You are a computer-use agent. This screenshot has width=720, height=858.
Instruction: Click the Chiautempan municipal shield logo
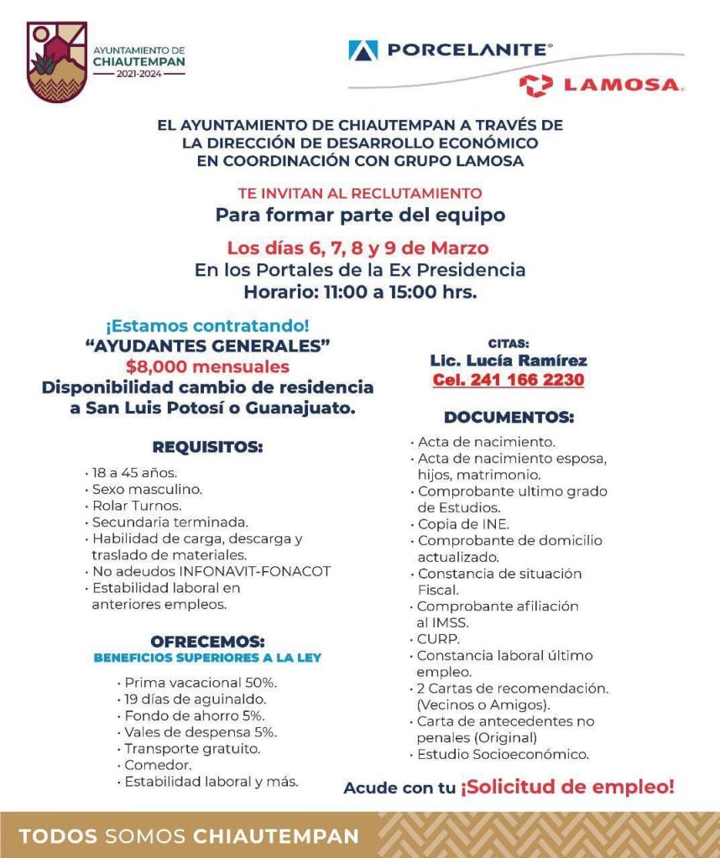coord(57,61)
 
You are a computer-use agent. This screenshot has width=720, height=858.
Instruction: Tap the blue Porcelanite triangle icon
coord(363,50)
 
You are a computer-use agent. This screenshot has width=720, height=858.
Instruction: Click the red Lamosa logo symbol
coord(535,85)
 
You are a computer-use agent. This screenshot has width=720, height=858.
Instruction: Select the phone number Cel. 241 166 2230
coord(509,380)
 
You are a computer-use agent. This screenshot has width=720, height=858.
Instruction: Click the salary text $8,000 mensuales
coord(207,367)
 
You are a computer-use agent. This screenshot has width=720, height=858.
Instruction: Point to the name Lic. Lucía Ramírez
coord(509,361)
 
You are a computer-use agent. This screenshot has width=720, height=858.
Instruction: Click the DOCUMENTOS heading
coord(509,417)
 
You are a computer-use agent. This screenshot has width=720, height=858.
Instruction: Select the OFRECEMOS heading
coord(207,642)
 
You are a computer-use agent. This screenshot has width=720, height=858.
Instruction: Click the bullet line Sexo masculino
coord(147,488)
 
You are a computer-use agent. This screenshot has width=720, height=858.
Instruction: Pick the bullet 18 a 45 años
coord(134,472)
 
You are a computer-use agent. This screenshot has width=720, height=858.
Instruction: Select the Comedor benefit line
coord(158,765)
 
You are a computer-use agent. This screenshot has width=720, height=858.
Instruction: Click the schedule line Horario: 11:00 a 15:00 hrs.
coord(360,293)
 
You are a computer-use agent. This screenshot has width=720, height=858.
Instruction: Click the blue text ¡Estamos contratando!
coord(207,325)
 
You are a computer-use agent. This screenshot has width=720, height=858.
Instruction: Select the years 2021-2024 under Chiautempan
coord(138,74)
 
